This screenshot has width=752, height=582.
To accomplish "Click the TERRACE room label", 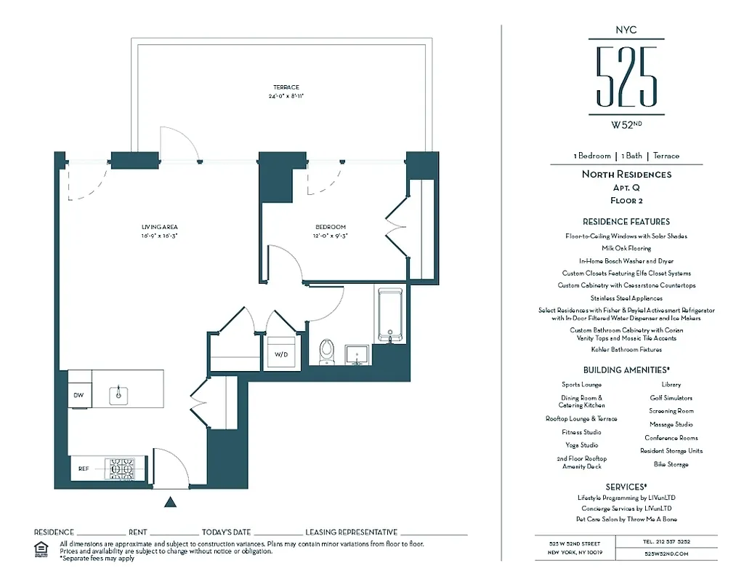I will coord(286,87).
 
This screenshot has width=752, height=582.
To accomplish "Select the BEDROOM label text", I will coord(330,227).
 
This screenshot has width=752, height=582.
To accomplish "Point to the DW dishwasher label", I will coord(78,395).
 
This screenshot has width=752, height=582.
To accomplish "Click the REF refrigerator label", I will coord(84,469).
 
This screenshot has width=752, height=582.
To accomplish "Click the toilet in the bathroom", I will coord(327,351).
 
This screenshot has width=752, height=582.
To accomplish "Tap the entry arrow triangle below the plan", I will coord(171,501).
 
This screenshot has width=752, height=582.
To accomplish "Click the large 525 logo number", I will coord(626,76).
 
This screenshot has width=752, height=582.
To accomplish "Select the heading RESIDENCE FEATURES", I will coord(626,221).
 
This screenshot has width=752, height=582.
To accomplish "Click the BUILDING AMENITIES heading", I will coord(626,370).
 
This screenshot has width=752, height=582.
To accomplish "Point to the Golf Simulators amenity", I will coord(671,398).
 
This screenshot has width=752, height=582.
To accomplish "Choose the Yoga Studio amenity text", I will coord(582,445).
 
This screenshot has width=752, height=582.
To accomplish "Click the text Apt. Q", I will coord(626,187).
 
